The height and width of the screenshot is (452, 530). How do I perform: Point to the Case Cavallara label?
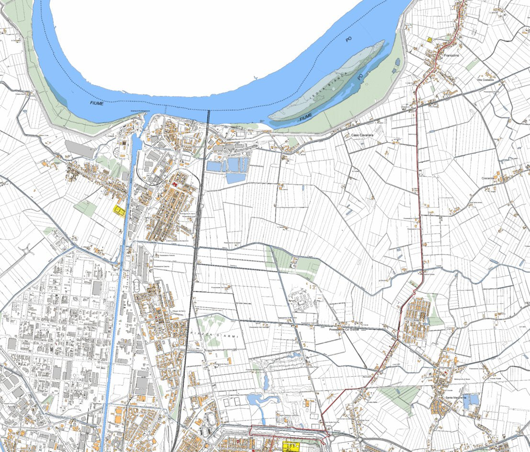362,136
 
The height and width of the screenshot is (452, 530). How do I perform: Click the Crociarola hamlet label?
491,178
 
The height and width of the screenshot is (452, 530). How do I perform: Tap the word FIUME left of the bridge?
96,103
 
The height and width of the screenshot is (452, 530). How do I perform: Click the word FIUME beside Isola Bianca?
305,116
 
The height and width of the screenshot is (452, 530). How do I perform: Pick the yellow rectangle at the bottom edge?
290,447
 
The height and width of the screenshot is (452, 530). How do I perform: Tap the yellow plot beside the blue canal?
119,210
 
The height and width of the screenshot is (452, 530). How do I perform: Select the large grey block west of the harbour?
80,149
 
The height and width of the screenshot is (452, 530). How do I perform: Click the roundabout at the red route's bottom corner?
330,437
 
